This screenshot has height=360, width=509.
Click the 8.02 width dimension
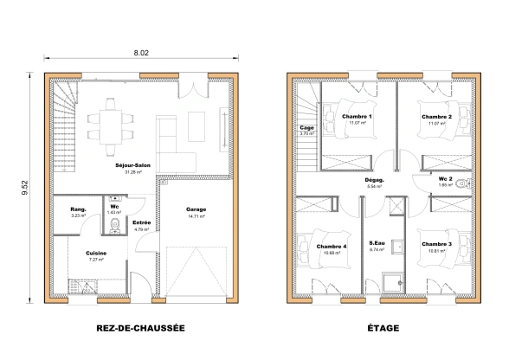click(142, 53)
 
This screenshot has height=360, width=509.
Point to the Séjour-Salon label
click(132, 164)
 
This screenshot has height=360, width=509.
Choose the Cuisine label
click(96, 253)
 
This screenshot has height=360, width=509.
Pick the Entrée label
click(141, 223)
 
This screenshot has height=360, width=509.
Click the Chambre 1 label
click(357, 117)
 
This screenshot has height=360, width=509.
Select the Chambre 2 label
click(436, 117)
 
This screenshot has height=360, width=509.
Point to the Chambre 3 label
click(436, 245)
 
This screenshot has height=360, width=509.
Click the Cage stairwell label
click(306, 128)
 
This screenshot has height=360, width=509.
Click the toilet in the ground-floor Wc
click(113, 228)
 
